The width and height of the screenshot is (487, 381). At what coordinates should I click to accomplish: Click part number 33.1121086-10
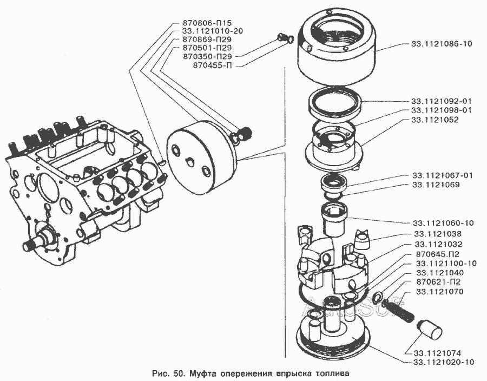pyautogui.click(x=441, y=44)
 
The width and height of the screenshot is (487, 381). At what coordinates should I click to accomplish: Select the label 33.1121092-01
pyautogui.click(x=441, y=101)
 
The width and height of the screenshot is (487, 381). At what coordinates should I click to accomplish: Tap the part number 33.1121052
pyautogui.click(x=435, y=120)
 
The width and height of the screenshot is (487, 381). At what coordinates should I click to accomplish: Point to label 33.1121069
pyautogui.click(x=435, y=185)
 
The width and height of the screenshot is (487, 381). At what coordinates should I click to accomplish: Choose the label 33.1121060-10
pyautogui.click(x=443, y=223)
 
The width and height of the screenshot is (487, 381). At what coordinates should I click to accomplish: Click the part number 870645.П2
pyautogui.click(x=438, y=254)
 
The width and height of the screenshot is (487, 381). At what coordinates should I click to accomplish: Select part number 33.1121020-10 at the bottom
pyautogui.click(x=443, y=362)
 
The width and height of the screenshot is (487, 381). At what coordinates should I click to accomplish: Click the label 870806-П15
pyautogui.click(x=206, y=24)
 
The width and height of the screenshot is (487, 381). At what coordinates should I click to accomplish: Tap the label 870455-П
pyautogui.click(x=215, y=65)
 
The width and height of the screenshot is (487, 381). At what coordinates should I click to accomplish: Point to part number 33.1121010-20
pyautogui.click(x=209, y=31)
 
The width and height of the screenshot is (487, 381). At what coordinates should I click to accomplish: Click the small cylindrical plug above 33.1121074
pyautogui.click(x=431, y=329)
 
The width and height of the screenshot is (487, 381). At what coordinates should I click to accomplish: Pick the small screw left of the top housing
pyautogui.click(x=281, y=38)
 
